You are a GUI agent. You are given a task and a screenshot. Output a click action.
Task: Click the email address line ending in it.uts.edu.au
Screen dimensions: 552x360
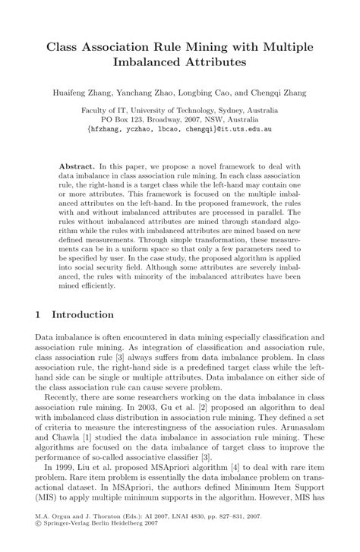tap(179, 129)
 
